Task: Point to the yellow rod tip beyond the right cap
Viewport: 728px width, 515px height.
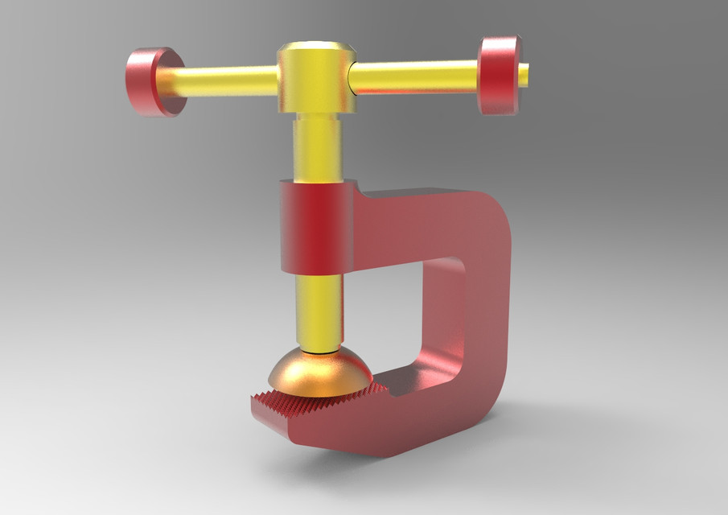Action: click(x=524, y=74)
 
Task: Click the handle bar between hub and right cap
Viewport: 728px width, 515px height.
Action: click(x=414, y=76)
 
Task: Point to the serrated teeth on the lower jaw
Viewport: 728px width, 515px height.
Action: click(x=322, y=402)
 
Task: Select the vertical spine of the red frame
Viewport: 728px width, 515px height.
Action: click(x=475, y=322)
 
